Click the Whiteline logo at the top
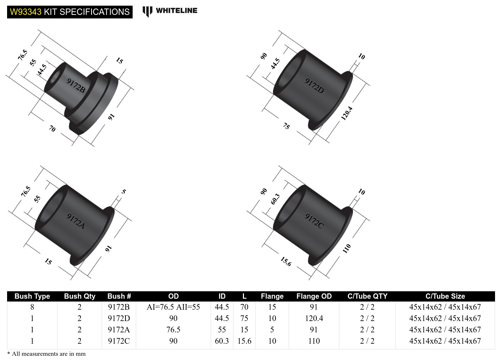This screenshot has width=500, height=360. click(170, 11)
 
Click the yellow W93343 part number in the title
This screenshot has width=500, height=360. click(26, 12)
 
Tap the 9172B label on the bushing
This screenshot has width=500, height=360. click(76, 85)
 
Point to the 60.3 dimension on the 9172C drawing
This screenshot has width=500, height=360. click(275, 199)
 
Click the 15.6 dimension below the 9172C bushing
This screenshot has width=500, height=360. click(286, 261)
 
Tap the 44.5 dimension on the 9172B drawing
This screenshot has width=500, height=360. click(42, 69)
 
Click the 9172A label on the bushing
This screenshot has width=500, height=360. click(76, 221)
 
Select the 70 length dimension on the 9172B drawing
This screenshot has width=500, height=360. click(52, 129)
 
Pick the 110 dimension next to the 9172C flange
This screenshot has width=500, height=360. click(346, 248)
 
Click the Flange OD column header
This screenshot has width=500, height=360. click(314, 296)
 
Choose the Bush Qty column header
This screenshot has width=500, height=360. click(79, 296)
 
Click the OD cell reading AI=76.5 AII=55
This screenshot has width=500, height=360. click(173, 307)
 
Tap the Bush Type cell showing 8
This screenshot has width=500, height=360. click(32, 307)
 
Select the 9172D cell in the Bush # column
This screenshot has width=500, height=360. click(119, 318)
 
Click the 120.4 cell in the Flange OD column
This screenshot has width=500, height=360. click(314, 318)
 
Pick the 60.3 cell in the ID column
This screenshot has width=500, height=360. click(222, 341)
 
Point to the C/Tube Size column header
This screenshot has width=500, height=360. click(445, 296)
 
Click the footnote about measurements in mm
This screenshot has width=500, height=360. click(46, 354)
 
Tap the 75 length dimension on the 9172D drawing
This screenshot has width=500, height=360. click(286, 126)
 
